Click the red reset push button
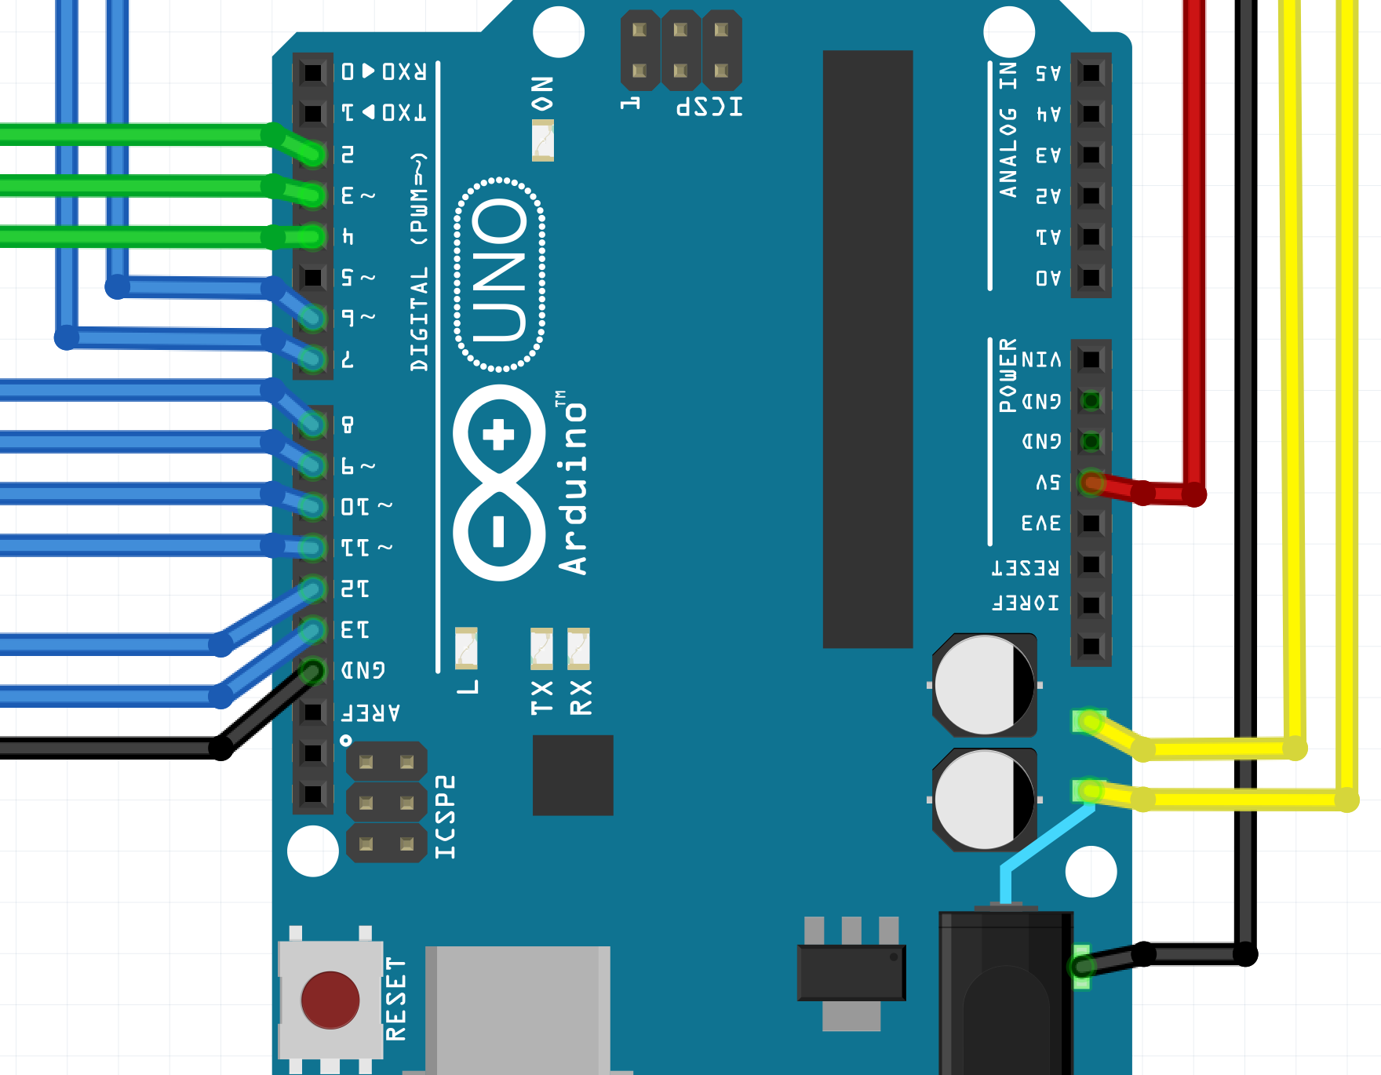click(x=330, y=999)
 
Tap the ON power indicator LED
click(x=542, y=140)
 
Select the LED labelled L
click(x=466, y=648)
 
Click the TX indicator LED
click(x=541, y=648)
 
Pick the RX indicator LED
click(x=578, y=648)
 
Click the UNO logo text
click(x=500, y=274)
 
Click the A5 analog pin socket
click(x=1091, y=73)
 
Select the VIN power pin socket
click(x=1091, y=359)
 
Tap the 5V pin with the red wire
click(x=1091, y=482)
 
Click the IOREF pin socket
click(x=1091, y=605)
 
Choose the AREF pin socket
click(x=312, y=712)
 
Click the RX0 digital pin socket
click(x=312, y=72)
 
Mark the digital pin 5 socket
click(x=312, y=277)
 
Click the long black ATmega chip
click(x=867, y=349)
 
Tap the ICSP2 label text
click(x=445, y=817)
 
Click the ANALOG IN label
click(x=1008, y=129)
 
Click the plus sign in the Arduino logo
click(x=498, y=434)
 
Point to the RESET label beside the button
click(x=395, y=999)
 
